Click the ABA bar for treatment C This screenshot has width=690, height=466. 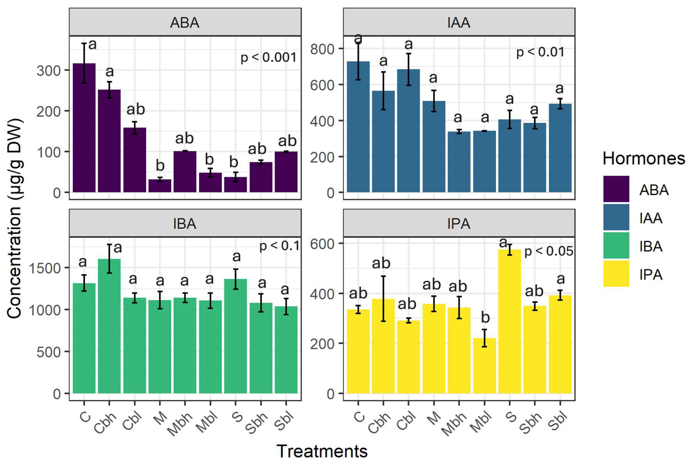[84, 128]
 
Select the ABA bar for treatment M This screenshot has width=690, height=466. [160, 186]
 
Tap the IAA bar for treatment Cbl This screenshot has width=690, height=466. [409, 131]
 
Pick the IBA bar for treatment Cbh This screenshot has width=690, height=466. [109, 326]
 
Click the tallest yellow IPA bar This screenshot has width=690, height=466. [510, 321]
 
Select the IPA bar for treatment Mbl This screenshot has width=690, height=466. [484, 366]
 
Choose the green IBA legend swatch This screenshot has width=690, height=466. [616, 245]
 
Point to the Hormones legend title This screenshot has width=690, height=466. [644, 158]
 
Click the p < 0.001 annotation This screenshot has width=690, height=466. [268, 57]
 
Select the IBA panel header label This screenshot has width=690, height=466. [185, 223]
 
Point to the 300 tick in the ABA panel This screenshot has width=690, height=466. [48, 71]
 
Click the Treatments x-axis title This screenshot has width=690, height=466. [322, 451]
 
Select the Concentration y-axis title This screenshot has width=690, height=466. [15, 218]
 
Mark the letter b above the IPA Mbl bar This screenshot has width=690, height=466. [485, 317]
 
